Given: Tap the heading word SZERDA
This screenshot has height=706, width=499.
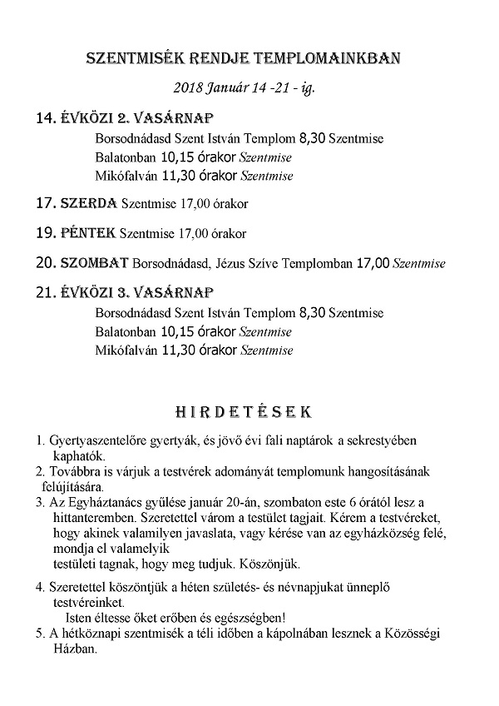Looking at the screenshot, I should coord(89,203).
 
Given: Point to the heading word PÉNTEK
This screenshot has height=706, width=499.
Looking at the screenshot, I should coord(88,233).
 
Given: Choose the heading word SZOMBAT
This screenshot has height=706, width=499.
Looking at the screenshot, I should coord(95,264).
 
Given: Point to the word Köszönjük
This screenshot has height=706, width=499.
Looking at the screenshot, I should coord(284,564).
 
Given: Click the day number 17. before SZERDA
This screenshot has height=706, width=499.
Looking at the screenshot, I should coord(46,203).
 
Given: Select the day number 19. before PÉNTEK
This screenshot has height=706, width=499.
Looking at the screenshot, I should coord(46,233).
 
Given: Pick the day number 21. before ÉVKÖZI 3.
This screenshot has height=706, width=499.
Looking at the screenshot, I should coord(46,294).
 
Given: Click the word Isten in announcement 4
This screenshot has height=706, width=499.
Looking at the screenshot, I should coord(79,619).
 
